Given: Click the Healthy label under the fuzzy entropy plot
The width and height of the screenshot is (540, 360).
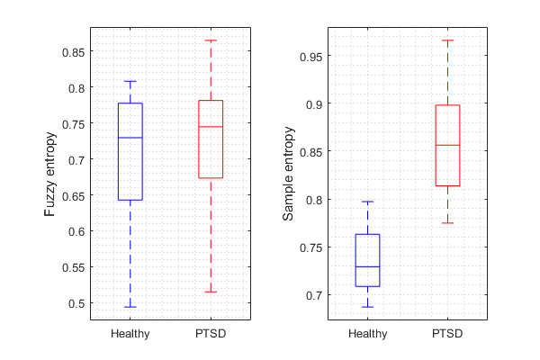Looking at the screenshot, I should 130,334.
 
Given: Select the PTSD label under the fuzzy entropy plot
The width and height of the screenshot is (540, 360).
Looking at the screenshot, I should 211,334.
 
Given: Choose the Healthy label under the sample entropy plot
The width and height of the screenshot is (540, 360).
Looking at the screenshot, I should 367,334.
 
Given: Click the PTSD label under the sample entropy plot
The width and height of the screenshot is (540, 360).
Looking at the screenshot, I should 447,334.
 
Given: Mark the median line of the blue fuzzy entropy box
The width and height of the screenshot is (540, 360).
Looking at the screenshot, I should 130,138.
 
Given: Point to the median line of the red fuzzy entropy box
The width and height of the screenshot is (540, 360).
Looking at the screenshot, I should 211,127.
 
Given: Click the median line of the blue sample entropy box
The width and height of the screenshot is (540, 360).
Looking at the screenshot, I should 367,267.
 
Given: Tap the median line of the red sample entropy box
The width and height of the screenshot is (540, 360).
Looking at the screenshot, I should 447,145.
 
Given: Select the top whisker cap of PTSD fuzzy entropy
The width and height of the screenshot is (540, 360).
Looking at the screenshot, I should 211,40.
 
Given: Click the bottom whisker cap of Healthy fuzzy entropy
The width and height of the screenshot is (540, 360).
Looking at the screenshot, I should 130,307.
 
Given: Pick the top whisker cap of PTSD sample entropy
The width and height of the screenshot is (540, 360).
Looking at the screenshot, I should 447,40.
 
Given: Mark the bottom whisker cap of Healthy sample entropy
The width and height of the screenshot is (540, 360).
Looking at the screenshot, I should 367,307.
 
